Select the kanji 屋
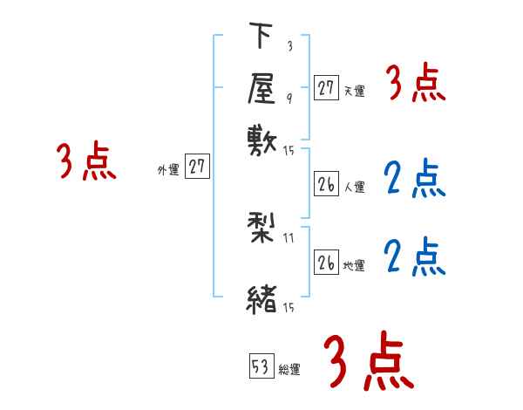click(x=261, y=87)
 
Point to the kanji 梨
click(x=261, y=229)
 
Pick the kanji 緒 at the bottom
click(x=261, y=299)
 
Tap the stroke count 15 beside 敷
click(x=289, y=151)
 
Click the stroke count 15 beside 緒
click(x=289, y=308)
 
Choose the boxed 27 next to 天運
click(x=326, y=87)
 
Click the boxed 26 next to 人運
click(x=326, y=184)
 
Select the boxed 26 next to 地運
click(x=326, y=263)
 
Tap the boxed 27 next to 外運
click(x=198, y=167)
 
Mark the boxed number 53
click(x=261, y=367)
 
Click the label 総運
click(x=289, y=370)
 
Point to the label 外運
click(x=168, y=169)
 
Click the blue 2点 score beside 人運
click(x=415, y=179)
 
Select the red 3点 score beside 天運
click(x=416, y=84)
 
